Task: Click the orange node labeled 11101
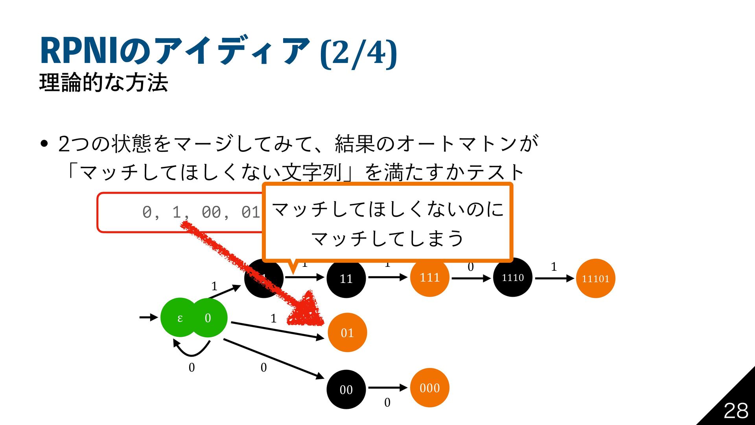tap(595, 278)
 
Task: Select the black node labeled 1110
tap(513, 277)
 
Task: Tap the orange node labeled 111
tap(429, 277)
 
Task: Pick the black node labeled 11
tap(346, 278)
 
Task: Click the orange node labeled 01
tap(347, 333)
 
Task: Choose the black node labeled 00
tap(346, 389)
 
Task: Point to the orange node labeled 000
tap(429, 388)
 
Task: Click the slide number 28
tap(736, 411)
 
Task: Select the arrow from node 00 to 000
tap(387, 388)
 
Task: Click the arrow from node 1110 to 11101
tap(554, 278)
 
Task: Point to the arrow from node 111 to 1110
tap(471, 278)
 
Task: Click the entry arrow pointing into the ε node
tap(149, 317)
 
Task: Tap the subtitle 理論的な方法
tap(104, 82)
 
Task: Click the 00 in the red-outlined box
tap(212, 213)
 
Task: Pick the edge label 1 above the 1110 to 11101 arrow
tap(554, 266)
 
